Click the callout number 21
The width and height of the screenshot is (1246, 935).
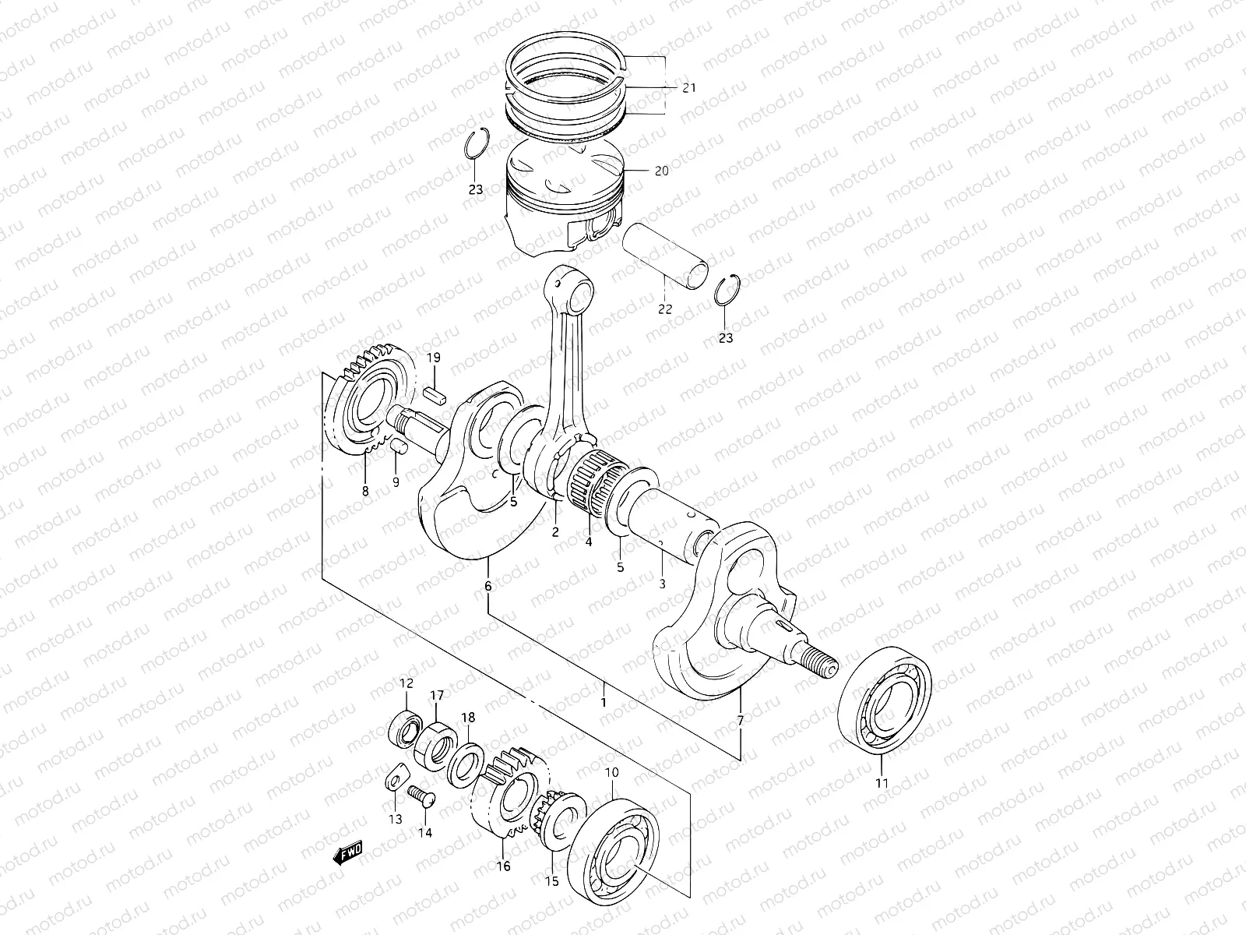click(x=688, y=88)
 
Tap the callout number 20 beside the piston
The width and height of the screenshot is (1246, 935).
click(x=661, y=171)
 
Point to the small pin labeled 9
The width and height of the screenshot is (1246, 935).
click(x=397, y=446)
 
